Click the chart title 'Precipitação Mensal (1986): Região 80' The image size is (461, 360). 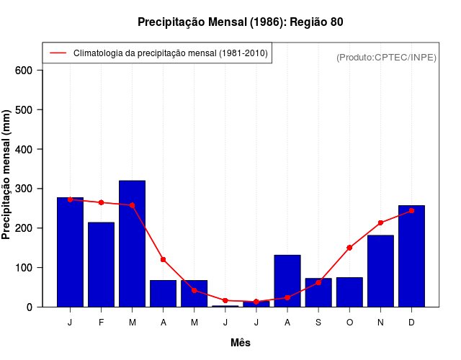pyautogui.click(x=240, y=22)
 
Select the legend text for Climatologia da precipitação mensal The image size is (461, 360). pyautogui.click(x=171, y=53)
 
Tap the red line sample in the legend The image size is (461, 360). pyautogui.click(x=58, y=53)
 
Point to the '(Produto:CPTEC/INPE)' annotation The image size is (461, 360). pyautogui.click(x=386, y=58)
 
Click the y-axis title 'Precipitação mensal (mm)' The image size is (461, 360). pyautogui.click(x=7, y=175)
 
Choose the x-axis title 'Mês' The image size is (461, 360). pyautogui.click(x=240, y=343)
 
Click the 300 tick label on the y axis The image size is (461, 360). pyautogui.click(x=24, y=189)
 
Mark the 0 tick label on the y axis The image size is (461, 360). pyautogui.click(x=30, y=307)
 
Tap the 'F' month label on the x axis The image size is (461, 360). pyautogui.click(x=102, y=323)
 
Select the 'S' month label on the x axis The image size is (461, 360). pyautogui.click(x=318, y=323)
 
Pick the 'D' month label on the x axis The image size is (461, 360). pyautogui.click(x=411, y=323)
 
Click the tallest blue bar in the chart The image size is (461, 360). pyautogui.click(x=133, y=245)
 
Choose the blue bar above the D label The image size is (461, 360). pyautogui.click(x=411, y=256)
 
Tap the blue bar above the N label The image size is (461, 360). pyautogui.click(x=380, y=271)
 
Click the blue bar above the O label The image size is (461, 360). pyautogui.click(x=349, y=292)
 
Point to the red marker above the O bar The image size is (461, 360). pyautogui.click(x=349, y=248)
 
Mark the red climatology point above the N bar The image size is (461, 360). pyautogui.click(x=380, y=223)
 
